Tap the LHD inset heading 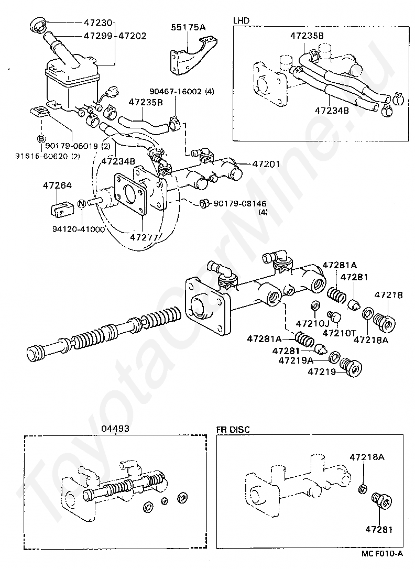coord(242,20)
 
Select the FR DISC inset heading coord(233,430)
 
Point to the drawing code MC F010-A coord(381,553)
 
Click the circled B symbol coord(40,138)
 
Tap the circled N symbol coord(82,204)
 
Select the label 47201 coord(267,164)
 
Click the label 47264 coord(58,185)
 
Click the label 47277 coord(144,237)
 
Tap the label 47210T coord(340,333)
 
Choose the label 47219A coord(296,360)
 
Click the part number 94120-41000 coord(79,229)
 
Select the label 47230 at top coord(98,23)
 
